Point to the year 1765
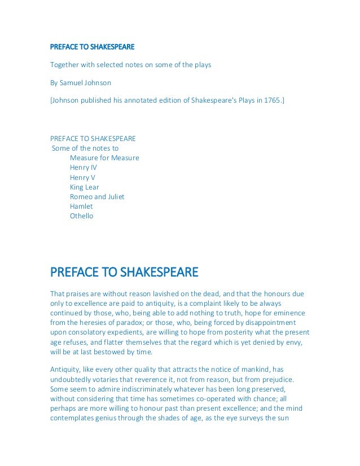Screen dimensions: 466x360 point(271,101)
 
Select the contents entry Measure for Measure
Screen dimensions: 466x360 point(104,158)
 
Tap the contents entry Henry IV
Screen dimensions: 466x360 point(84,168)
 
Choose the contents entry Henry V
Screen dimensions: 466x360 point(82,177)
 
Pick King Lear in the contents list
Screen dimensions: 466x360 point(84,187)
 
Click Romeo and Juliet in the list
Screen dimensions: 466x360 point(97,196)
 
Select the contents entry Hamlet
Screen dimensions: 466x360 point(81,206)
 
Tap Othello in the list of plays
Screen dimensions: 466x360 point(82,216)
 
